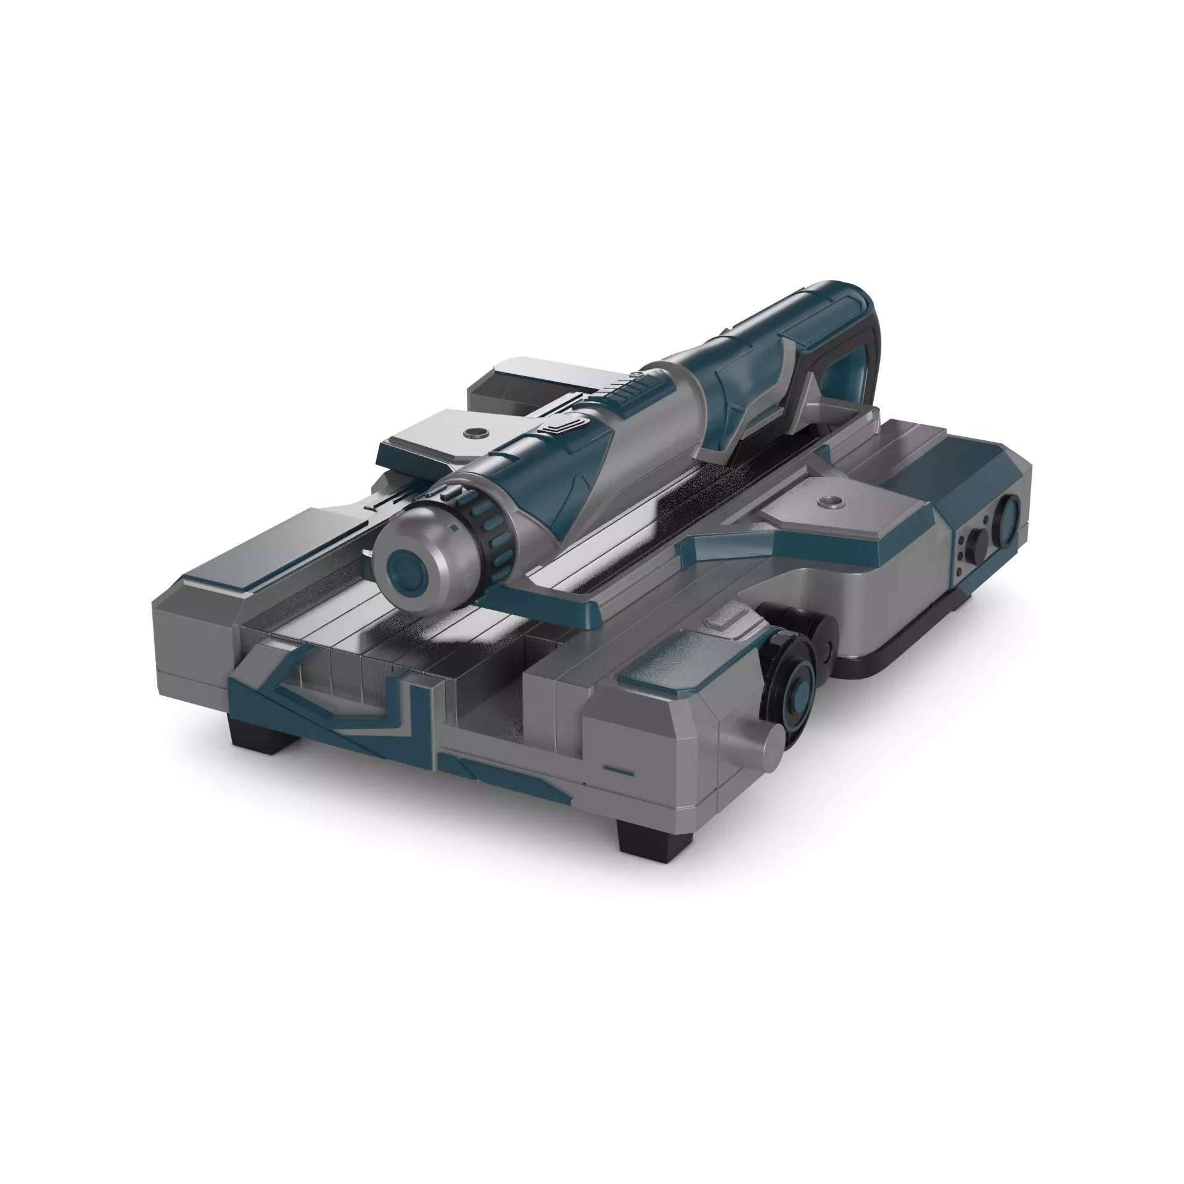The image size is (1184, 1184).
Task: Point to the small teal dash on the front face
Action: tap(619, 771)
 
